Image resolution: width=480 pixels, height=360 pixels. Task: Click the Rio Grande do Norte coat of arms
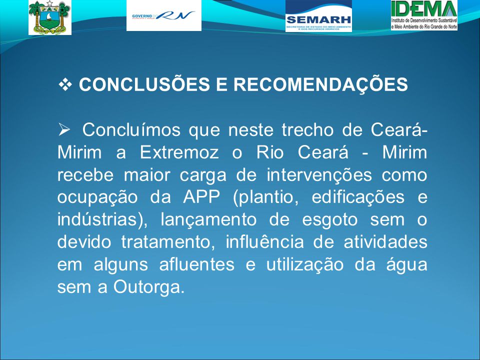tap(50, 17)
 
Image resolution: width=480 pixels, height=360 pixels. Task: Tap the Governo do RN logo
tap(164, 15)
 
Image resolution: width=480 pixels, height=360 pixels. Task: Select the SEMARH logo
tap(318, 16)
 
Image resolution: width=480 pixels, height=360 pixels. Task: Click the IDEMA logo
tap(424, 15)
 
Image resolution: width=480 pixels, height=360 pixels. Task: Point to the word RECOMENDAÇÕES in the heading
tap(321, 84)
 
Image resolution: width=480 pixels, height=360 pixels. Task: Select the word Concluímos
tap(131, 130)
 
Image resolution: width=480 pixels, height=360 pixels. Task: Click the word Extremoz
tap(179, 152)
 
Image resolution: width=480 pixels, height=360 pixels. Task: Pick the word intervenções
tap(319, 175)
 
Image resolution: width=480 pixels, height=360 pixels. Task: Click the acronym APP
tap(201, 197)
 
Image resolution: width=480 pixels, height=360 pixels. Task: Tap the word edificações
tap(358, 197)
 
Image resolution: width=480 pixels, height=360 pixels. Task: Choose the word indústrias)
tap(102, 220)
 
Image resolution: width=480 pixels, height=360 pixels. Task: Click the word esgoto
tap(329, 220)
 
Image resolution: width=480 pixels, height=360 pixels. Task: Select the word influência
tap(265, 242)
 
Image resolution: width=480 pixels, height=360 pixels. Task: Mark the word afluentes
tap(197, 264)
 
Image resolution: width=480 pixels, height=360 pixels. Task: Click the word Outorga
tap(149, 287)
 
